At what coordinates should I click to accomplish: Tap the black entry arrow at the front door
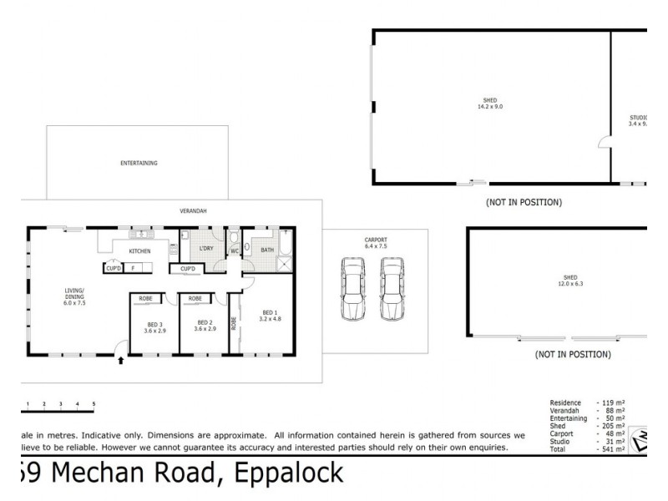click(x=122, y=361)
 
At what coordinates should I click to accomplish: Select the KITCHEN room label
click(x=139, y=251)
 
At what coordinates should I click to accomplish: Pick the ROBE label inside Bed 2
click(x=195, y=298)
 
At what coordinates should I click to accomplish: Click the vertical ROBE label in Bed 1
click(x=234, y=322)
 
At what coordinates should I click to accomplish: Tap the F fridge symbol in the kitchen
click(x=133, y=268)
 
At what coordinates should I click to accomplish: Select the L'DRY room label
click(x=205, y=249)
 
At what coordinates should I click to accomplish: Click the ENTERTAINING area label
click(x=139, y=164)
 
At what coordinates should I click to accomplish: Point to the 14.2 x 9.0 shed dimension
click(x=490, y=107)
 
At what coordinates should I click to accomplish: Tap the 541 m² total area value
click(x=613, y=449)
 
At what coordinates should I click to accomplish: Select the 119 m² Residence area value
click(x=613, y=402)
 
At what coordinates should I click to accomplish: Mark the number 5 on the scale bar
click(x=94, y=404)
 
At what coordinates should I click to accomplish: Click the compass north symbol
click(x=640, y=440)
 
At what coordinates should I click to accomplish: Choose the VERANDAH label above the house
click(x=193, y=210)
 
